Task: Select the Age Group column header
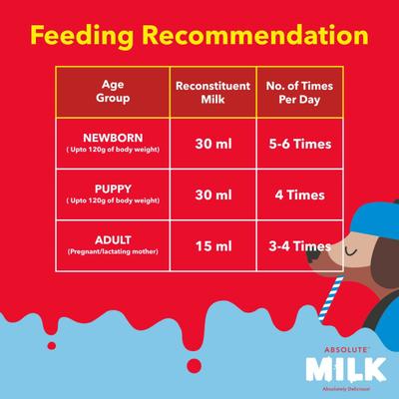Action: (x=113, y=92)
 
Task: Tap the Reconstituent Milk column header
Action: (x=212, y=92)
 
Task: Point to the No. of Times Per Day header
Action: (x=296, y=92)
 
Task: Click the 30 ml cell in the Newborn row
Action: (x=212, y=144)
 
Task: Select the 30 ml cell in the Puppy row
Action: (x=212, y=196)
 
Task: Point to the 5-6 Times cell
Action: (x=296, y=144)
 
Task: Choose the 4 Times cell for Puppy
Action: (x=296, y=196)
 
